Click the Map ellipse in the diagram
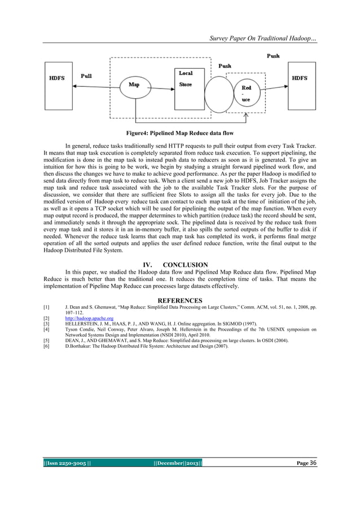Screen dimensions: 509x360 tap(134, 86)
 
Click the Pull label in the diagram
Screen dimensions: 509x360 tap(87, 75)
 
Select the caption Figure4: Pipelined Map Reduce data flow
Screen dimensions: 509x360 tap(180, 134)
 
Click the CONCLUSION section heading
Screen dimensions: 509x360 tap(186, 265)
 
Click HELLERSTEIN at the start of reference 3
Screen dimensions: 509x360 tap(85, 324)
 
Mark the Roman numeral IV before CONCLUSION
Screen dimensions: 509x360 tap(149, 265)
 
